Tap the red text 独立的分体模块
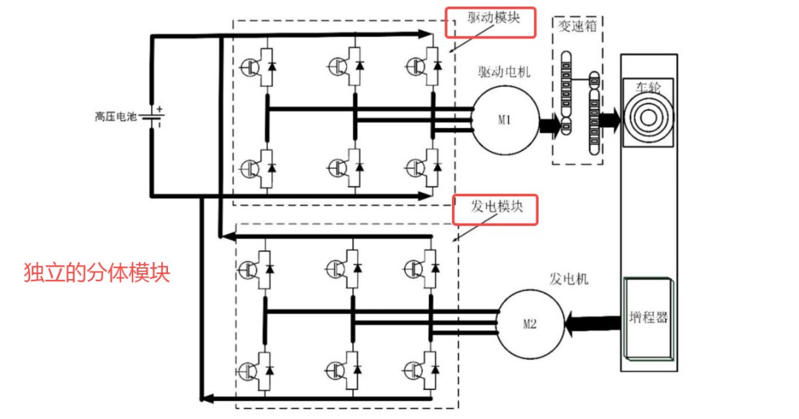pos(97,272)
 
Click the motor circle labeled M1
pos(505,121)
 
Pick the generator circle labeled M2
pos(530,324)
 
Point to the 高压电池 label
pos(115,117)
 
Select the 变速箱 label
pos(577,26)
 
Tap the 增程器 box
pos(647,318)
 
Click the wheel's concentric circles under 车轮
pos(648,118)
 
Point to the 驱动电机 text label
pos(504,72)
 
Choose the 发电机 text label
pos(569,278)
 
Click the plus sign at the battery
pos(160,109)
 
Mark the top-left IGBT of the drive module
pos(259,67)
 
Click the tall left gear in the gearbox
pos(566,93)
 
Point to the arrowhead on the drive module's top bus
pos(425,34)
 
